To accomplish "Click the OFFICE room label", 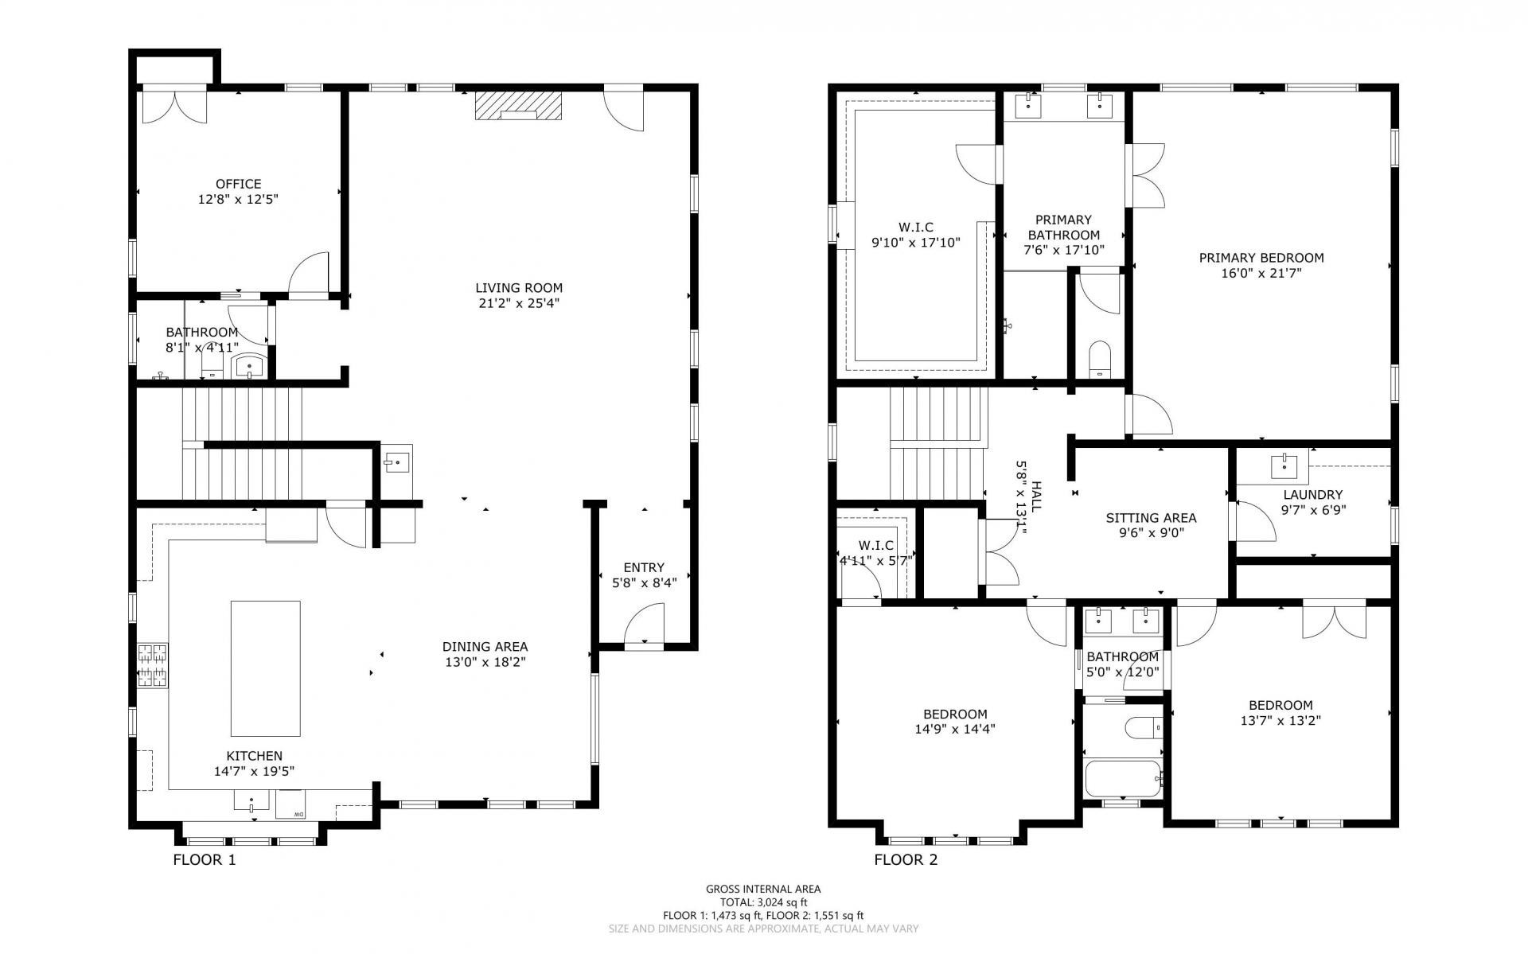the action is [x=238, y=184].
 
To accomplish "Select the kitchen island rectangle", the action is [x=266, y=668].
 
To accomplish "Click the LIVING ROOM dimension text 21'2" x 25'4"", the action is [x=519, y=303].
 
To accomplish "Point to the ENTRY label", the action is [x=644, y=567].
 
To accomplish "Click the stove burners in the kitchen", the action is [x=153, y=665].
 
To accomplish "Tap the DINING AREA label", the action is [x=485, y=647].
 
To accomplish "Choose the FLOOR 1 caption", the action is [x=205, y=860].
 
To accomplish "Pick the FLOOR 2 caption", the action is [x=906, y=860].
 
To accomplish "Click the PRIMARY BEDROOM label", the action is [x=1261, y=258].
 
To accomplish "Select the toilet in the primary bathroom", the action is [x=1099, y=359].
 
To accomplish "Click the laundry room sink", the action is [x=1284, y=466].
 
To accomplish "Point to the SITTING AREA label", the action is [x=1151, y=518].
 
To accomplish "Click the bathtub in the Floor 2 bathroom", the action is [x=1123, y=778].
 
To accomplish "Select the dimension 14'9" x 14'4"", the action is [x=955, y=729].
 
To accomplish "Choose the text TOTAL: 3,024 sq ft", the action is [x=763, y=902].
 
